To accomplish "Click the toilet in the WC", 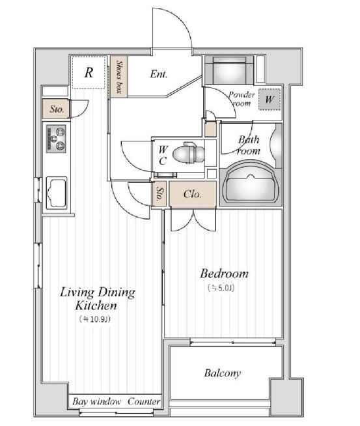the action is pyautogui.click(x=189, y=153).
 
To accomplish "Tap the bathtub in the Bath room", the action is pyautogui.click(x=251, y=181).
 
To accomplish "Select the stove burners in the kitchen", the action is pyautogui.click(x=56, y=139).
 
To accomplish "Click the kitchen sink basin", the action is pyautogui.click(x=57, y=192).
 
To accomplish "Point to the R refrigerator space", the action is pyautogui.click(x=89, y=72).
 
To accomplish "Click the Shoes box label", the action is pyautogui.click(x=119, y=77).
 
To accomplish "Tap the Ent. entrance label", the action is pyautogui.click(x=159, y=74).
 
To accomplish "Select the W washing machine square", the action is pyautogui.click(x=270, y=100).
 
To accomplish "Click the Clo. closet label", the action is pyautogui.click(x=193, y=194).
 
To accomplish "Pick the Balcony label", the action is pyautogui.click(x=223, y=373).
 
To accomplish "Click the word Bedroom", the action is pyautogui.click(x=224, y=274).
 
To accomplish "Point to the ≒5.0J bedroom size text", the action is pyautogui.click(x=221, y=288).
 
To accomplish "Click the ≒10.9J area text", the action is pyautogui.click(x=95, y=319).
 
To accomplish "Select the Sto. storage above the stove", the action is pyautogui.click(x=57, y=109).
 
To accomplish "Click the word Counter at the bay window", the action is pyautogui.click(x=144, y=401).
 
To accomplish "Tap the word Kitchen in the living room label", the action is pyautogui.click(x=96, y=305).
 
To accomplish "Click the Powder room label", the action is pyautogui.click(x=242, y=99).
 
